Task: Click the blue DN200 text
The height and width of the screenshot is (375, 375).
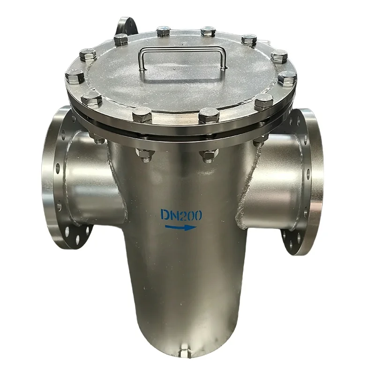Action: click(181, 215)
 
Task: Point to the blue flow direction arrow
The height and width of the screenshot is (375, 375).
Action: click(181, 227)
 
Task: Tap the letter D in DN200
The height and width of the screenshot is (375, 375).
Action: click(165, 215)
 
